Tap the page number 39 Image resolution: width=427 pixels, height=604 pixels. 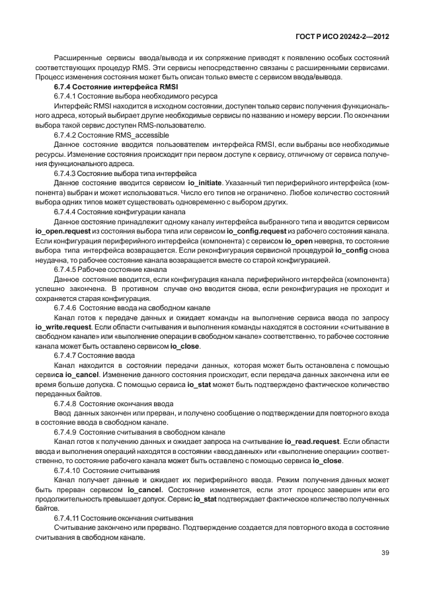tap(385, 553)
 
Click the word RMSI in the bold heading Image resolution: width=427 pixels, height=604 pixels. tap(168, 87)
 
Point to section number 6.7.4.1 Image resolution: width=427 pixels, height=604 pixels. tap(67, 96)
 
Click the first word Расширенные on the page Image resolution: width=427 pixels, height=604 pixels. tap(76, 58)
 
